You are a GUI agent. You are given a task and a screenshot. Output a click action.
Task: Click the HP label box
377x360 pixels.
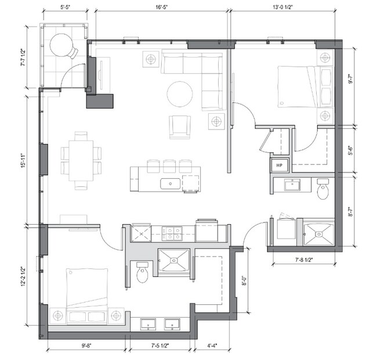[x=280, y=165]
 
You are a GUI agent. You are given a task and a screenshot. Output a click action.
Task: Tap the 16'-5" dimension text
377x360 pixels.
[x=162, y=7]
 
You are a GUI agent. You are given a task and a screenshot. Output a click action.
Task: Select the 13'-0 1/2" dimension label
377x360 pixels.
[x=282, y=7]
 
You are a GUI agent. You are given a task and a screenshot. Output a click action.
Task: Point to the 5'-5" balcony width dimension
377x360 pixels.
[x=65, y=7]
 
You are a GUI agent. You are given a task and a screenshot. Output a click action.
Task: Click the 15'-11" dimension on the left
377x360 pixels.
[x=23, y=160]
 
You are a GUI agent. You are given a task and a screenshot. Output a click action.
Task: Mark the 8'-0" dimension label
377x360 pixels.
[x=245, y=280]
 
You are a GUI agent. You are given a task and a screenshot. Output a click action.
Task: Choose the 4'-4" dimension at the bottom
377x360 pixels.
[x=212, y=346]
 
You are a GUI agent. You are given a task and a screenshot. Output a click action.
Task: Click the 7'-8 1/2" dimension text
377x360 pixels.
[x=304, y=260]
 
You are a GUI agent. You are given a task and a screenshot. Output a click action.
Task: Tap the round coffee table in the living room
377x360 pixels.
[x=180, y=94]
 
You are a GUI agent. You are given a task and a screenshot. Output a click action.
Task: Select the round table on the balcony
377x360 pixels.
[x=61, y=45]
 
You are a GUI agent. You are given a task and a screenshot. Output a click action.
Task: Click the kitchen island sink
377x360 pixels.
[x=170, y=184]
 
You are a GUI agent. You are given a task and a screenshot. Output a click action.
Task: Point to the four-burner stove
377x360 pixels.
[x=172, y=233]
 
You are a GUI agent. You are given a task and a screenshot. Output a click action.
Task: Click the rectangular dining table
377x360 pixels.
[x=81, y=160]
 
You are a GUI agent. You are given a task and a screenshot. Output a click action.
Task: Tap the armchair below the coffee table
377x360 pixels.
[x=180, y=127]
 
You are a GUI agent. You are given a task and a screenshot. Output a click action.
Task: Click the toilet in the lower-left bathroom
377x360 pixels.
[x=142, y=272]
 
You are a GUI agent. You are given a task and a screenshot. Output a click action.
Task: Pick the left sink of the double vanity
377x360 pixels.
[x=148, y=325]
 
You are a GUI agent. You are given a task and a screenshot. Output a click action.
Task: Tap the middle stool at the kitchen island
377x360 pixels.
[x=169, y=166]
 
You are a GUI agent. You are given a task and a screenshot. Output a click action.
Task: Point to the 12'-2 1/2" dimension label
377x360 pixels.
[x=23, y=276]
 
